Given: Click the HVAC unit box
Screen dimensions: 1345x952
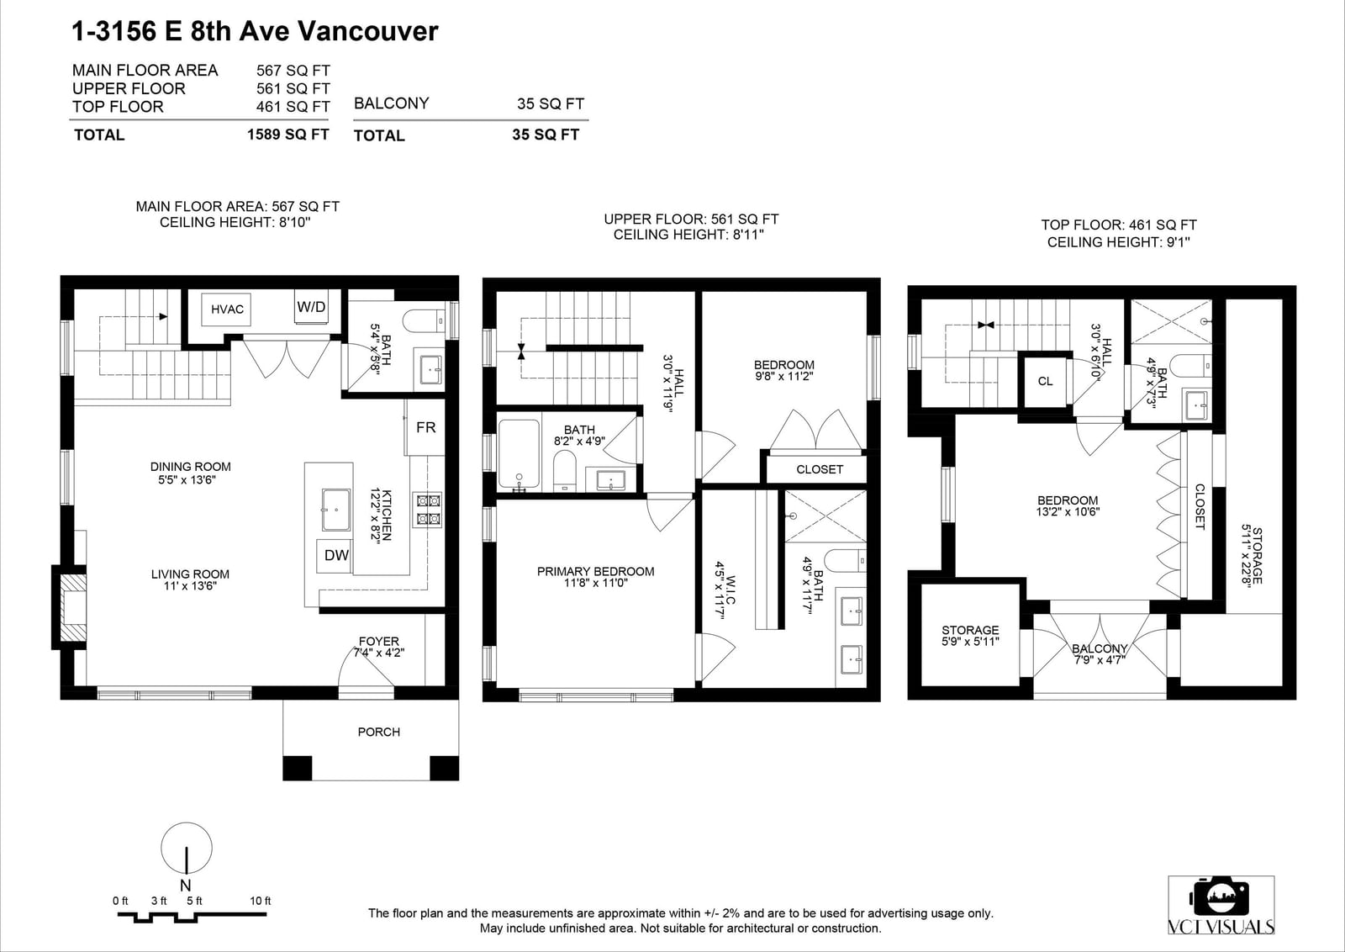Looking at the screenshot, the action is pyautogui.click(x=226, y=309).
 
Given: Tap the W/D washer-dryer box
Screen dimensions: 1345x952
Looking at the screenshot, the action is pyautogui.click(x=311, y=307).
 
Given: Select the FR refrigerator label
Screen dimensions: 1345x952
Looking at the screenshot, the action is pyautogui.click(x=425, y=428).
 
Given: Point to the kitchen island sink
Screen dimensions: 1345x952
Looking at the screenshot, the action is pyautogui.click(x=336, y=510).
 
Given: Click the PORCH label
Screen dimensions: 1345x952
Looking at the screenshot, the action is pyautogui.click(x=379, y=733).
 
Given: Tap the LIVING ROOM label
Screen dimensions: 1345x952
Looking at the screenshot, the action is pyautogui.click(x=190, y=574).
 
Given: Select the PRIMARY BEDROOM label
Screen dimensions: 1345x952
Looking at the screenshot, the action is pyautogui.click(x=596, y=571).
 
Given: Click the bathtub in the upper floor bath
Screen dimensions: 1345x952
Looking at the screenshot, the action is pyautogui.click(x=519, y=454).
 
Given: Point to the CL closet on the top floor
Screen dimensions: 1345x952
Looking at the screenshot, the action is pyautogui.click(x=1046, y=381).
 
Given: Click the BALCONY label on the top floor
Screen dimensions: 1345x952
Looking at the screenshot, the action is pyautogui.click(x=1100, y=648).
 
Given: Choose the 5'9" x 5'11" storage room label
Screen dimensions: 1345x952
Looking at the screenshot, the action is pyautogui.click(x=970, y=642).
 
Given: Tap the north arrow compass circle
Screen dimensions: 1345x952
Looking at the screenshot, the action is pyautogui.click(x=187, y=848).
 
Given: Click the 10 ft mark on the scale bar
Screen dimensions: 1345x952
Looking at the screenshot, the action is pyautogui.click(x=261, y=901).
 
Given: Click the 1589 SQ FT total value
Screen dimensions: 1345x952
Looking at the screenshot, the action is pyautogui.click(x=288, y=134).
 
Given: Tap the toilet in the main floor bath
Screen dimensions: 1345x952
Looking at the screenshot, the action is pyautogui.click(x=424, y=320).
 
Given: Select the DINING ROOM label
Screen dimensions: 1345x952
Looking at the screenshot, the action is pyautogui.click(x=190, y=467).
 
